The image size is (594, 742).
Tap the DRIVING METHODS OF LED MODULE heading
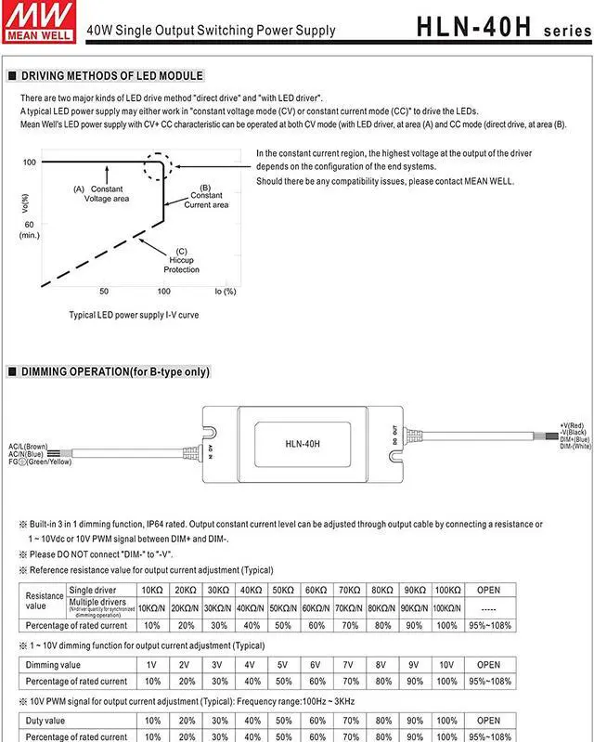111,76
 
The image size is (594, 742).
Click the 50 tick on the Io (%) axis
104,291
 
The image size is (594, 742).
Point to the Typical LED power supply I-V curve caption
134,315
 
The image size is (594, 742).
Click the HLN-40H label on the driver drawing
303,443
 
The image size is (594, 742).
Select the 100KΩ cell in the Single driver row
447,590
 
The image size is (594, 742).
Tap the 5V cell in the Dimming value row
283,665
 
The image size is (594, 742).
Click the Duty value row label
45,720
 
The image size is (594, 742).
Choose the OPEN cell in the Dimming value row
488,665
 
